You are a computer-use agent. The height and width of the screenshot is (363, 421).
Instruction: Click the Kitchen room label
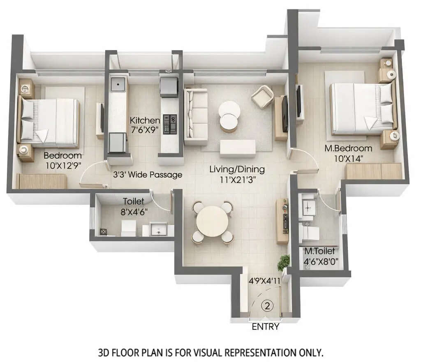point(145,120)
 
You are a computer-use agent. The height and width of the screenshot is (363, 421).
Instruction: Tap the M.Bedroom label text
point(353,148)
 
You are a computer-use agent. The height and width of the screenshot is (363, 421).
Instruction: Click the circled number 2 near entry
point(268,305)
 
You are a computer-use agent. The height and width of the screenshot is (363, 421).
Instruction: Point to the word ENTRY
point(266,327)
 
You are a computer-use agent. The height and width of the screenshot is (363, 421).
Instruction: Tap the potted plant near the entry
point(283,262)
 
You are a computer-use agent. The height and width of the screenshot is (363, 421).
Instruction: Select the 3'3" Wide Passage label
point(147,175)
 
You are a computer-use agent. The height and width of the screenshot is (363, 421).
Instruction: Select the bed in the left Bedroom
point(49,122)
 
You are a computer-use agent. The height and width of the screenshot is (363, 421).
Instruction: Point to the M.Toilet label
point(319,251)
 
